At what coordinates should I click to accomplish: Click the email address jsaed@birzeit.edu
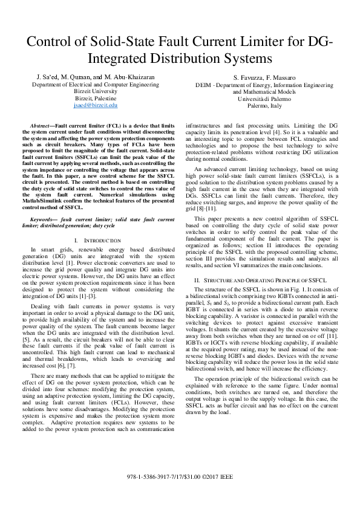click(95, 105)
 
